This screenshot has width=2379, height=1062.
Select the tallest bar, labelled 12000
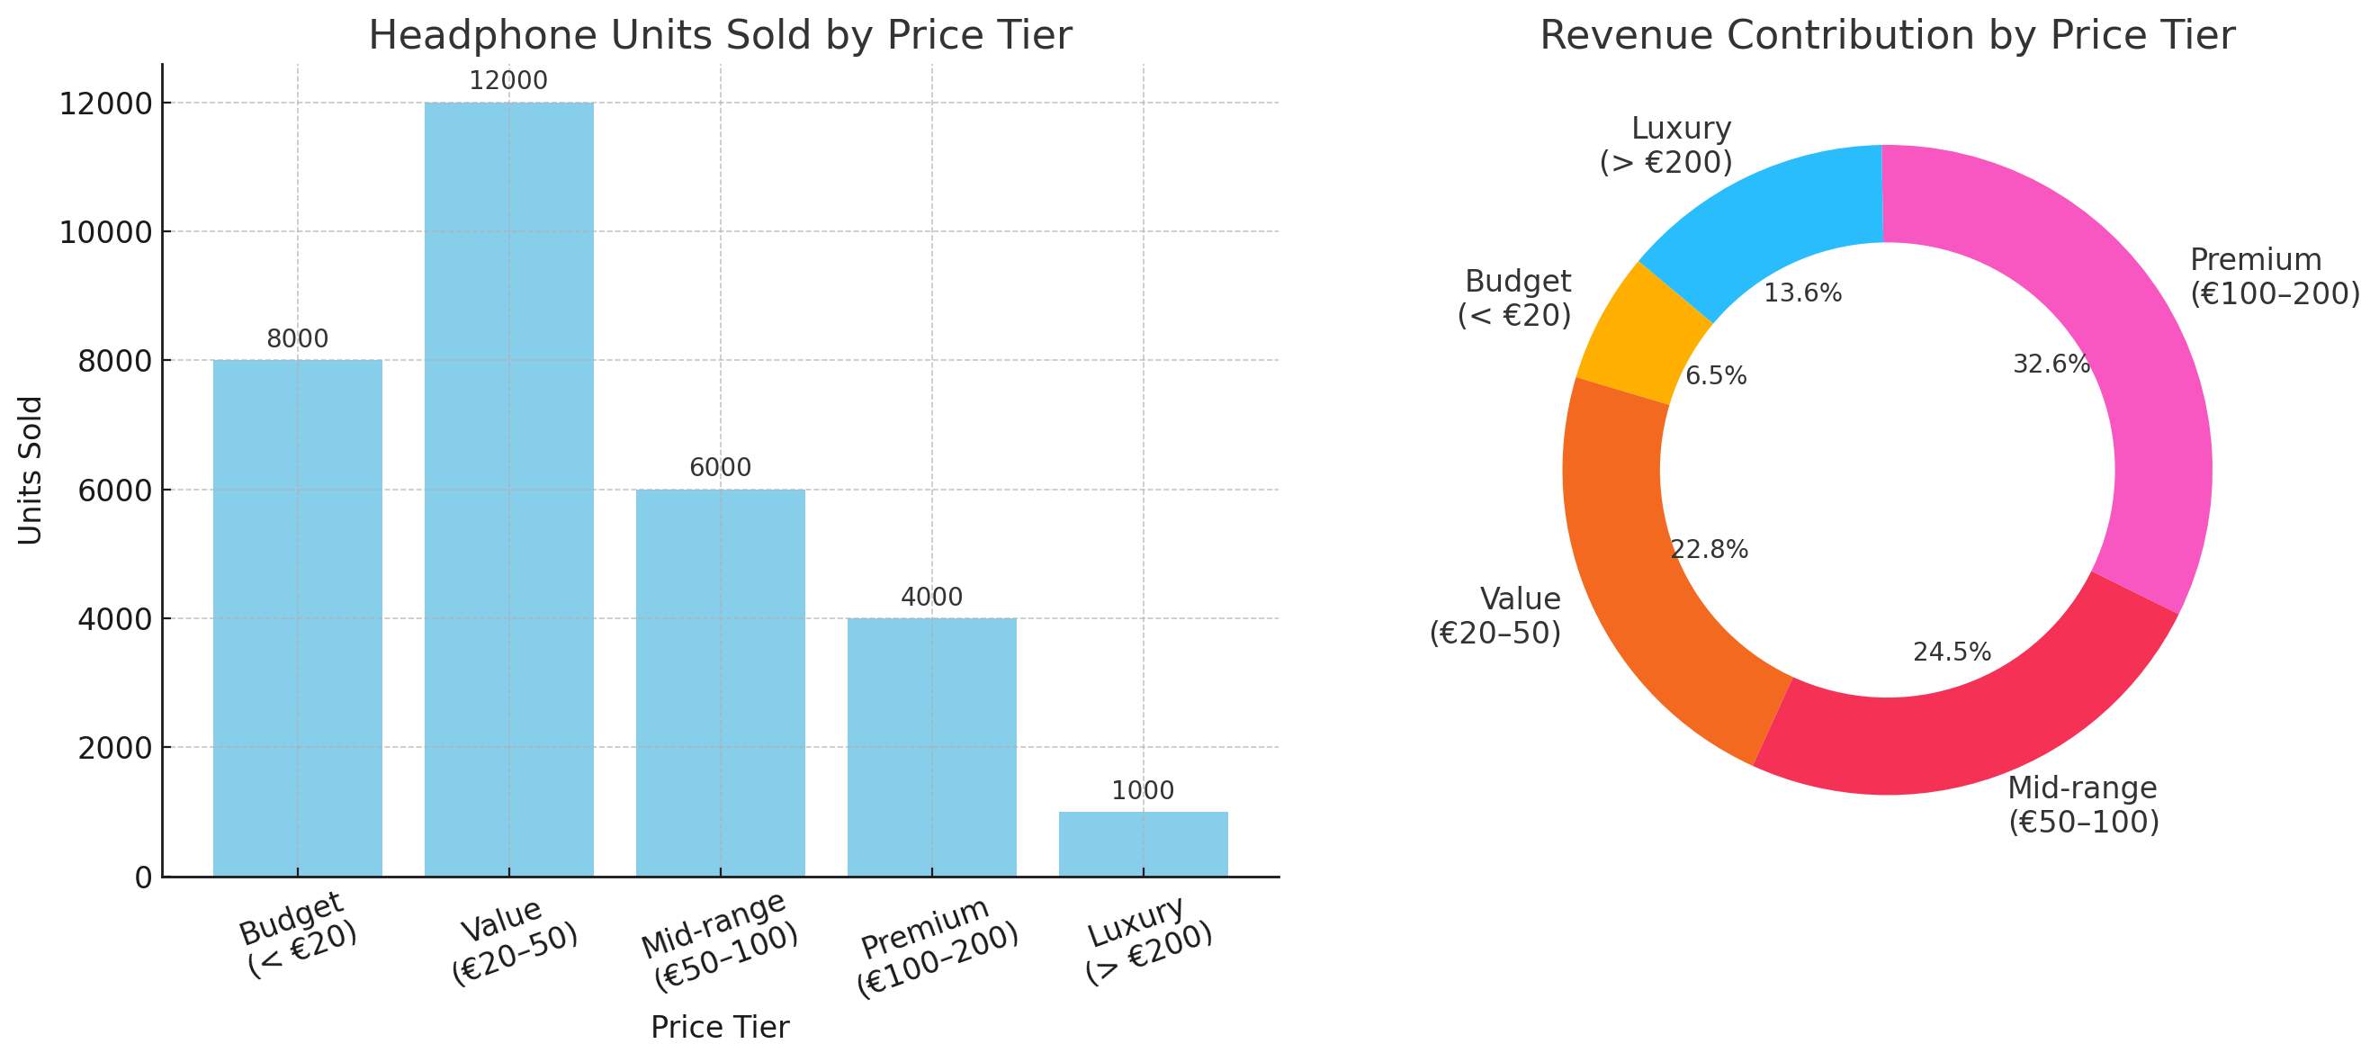[x=509, y=490]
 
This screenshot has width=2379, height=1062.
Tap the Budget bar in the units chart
[x=297, y=617]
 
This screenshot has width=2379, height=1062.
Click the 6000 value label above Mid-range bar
[x=721, y=467]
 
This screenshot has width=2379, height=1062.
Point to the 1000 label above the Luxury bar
[x=1143, y=790]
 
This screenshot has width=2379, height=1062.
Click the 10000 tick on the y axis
[x=105, y=233]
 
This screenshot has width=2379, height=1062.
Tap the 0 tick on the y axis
[x=143, y=877]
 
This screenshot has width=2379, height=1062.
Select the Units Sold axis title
[x=31, y=470]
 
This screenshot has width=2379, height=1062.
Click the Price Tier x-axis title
[x=720, y=1027]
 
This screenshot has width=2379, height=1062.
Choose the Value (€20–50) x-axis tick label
[x=513, y=942]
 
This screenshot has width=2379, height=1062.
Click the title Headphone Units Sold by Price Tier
[x=720, y=36]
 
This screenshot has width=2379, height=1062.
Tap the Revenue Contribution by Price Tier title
[x=1887, y=36]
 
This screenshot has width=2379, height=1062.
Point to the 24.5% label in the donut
[x=1952, y=652]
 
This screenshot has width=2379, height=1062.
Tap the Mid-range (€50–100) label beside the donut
[x=2084, y=805]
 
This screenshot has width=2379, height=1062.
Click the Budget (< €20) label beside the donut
[x=1514, y=298]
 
